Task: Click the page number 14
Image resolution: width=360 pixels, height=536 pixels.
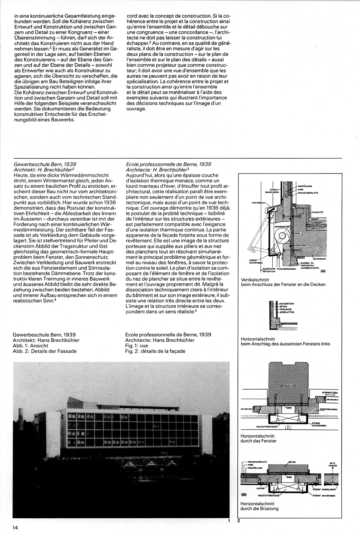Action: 16,528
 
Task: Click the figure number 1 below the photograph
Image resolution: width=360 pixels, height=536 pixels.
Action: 229,521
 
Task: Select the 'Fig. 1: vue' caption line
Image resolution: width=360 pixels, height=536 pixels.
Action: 136,346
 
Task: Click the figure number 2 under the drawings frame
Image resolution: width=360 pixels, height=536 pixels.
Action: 238,521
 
